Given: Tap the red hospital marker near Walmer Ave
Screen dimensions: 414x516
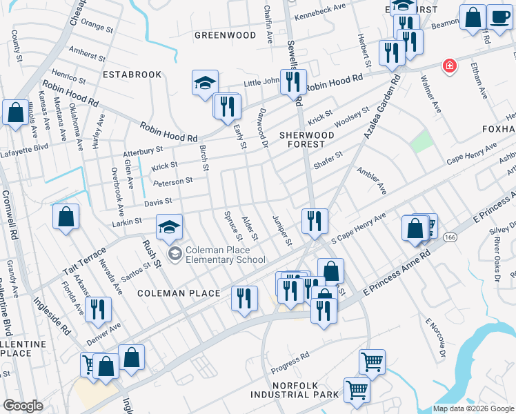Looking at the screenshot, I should click(450, 66).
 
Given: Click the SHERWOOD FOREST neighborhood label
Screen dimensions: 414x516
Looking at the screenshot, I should click(302, 139).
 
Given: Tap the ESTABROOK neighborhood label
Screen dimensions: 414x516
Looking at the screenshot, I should click(132, 75).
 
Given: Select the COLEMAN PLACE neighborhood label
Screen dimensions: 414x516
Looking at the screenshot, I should click(179, 293).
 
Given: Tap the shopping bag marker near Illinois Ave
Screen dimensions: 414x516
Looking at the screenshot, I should click(15, 112).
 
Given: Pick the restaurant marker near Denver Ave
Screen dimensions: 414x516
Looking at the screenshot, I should click(97, 310).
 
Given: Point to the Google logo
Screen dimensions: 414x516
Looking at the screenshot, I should click(23, 406).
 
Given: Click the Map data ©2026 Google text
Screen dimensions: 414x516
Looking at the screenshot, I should click(473, 408).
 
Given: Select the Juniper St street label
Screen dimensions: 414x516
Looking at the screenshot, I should click(283, 232).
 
